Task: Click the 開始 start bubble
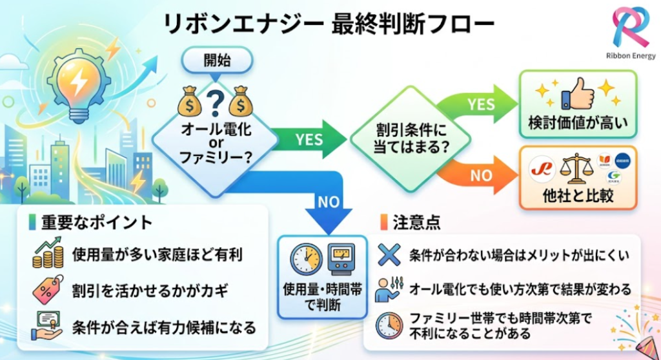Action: click(217, 61)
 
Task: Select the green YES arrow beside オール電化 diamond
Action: click(309, 139)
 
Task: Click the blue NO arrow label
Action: click(328, 202)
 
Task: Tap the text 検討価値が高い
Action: click(578, 123)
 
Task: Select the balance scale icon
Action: click(577, 168)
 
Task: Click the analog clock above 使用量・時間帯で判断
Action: click(306, 259)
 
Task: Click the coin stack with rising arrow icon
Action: click(49, 253)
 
